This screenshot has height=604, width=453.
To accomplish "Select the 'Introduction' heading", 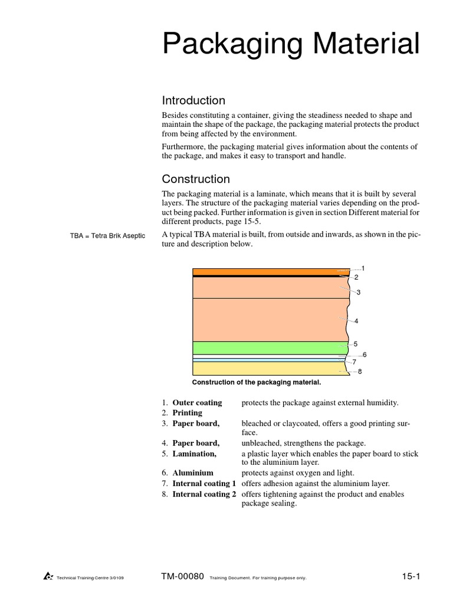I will point(193,101).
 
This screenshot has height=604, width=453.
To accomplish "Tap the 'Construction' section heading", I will point(196,179).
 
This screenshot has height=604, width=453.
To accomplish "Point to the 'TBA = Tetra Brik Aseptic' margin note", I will point(107,237).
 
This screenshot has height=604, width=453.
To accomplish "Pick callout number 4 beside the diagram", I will point(357,321).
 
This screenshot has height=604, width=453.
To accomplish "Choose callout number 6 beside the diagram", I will point(365,354).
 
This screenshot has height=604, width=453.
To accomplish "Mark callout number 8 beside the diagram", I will point(360,372).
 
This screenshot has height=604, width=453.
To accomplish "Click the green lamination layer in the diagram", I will point(269,347).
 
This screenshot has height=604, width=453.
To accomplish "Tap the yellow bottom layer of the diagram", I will point(269,368).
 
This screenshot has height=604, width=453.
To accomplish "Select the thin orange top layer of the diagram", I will point(269,271).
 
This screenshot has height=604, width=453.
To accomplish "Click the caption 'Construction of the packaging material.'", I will point(257,383).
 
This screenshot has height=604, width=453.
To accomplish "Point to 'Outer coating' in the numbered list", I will point(197,403).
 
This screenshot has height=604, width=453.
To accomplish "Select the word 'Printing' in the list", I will point(187,413).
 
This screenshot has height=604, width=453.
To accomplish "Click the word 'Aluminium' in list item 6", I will point(193,473).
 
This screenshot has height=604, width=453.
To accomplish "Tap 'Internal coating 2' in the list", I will point(204,494).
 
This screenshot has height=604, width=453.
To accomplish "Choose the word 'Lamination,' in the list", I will point(194,454).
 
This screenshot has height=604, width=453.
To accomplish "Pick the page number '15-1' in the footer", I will point(411,576).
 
